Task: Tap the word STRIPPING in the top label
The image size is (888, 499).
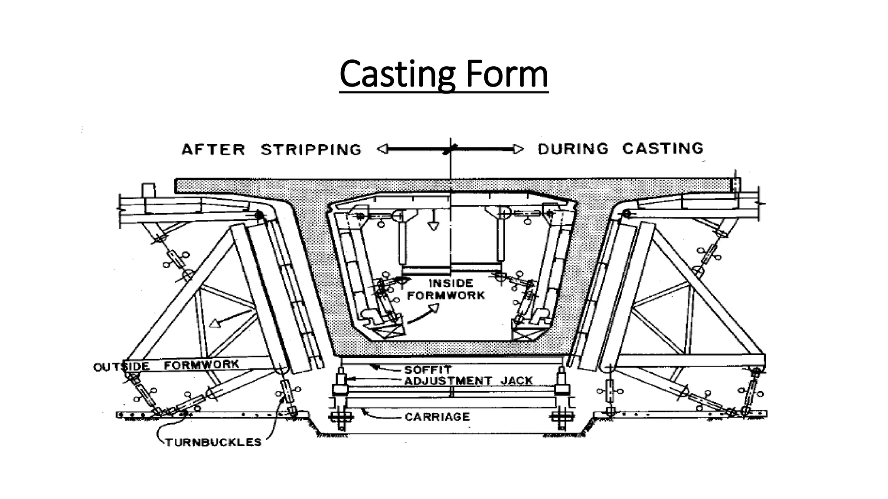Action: click(311, 150)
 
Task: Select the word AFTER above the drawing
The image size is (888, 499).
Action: click(213, 150)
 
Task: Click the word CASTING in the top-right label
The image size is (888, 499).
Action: click(663, 149)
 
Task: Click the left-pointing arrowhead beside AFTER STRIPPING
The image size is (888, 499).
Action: click(382, 149)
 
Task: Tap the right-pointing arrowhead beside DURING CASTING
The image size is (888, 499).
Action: click(518, 149)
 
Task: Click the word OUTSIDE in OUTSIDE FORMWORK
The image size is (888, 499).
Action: click(121, 367)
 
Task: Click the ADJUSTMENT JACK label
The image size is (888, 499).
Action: click(468, 381)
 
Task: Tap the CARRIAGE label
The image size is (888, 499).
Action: click(437, 417)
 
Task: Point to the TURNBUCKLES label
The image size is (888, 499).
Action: click(213, 442)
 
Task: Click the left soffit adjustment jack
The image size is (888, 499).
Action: click(340, 381)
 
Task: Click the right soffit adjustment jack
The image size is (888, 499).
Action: click(562, 381)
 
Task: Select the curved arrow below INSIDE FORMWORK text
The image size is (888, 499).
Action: click(423, 314)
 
